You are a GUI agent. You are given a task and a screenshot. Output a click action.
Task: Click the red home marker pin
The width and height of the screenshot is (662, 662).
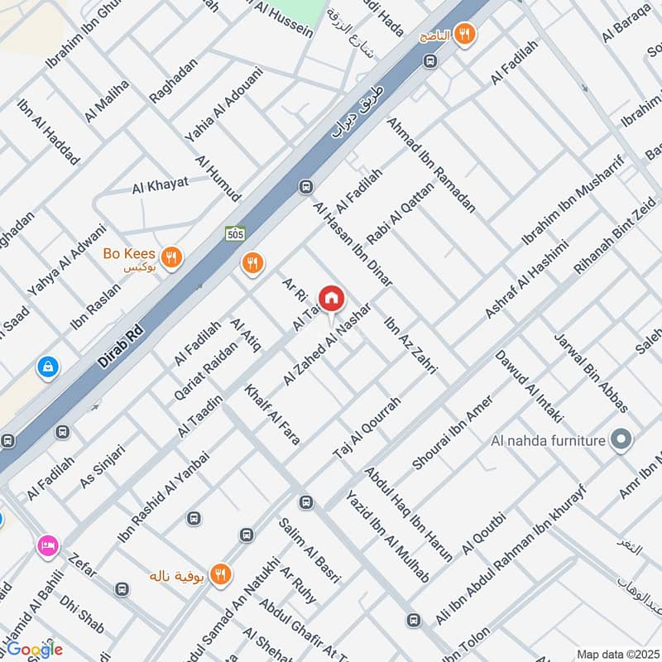[331, 299]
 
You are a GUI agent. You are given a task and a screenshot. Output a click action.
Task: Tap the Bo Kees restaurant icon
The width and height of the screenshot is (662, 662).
[171, 258]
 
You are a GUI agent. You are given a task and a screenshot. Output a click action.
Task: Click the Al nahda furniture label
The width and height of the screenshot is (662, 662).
[547, 440]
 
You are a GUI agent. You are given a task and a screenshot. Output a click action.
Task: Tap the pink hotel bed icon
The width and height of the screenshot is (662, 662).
[47, 546]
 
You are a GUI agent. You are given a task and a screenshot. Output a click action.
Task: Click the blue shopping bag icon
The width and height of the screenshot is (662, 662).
[47, 365]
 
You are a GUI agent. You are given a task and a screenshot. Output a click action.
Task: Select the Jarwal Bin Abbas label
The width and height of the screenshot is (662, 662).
[591, 372]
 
